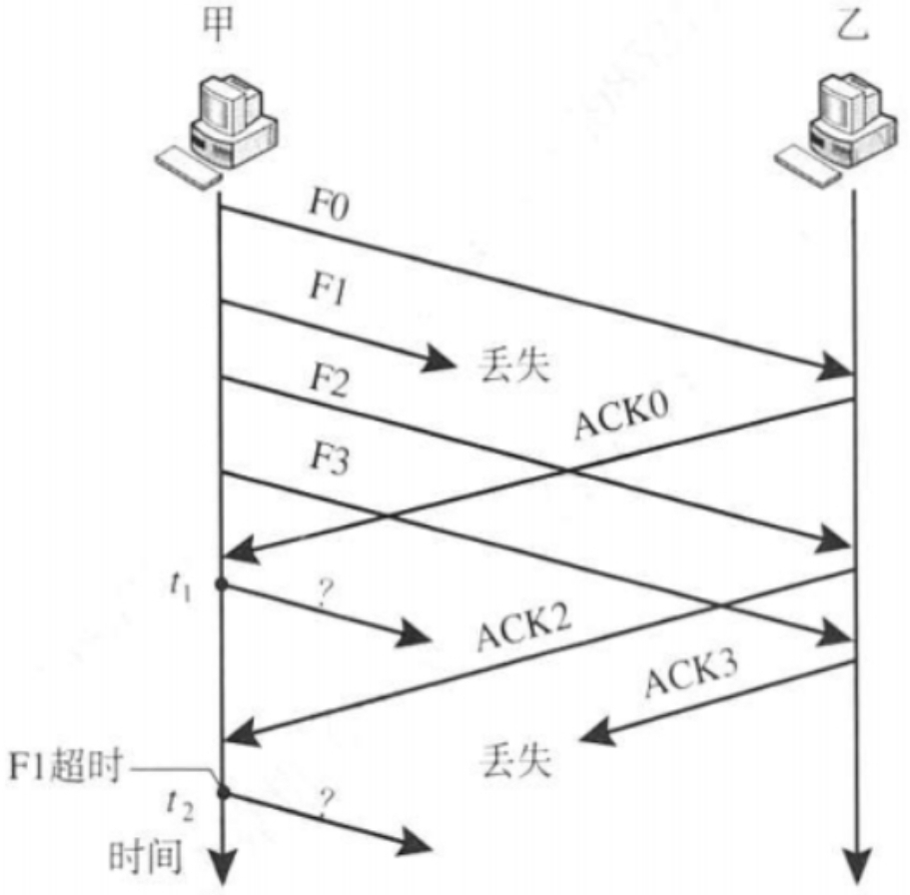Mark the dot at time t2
coord(222,793)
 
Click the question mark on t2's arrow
coord(325,799)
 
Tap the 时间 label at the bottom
coord(144,858)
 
